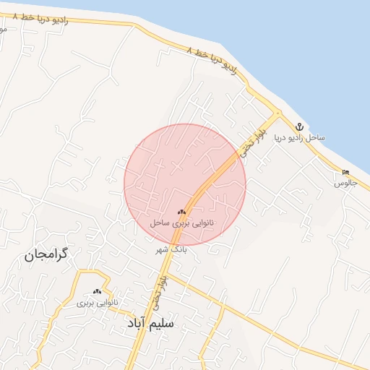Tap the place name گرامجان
click(29, 254)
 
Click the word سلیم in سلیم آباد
click(160, 323)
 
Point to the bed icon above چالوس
click(345, 172)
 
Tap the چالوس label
click(345, 184)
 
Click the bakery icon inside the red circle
click(181, 212)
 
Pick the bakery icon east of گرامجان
click(96, 291)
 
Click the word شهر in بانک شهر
click(163, 249)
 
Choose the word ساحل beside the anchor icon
click(317, 137)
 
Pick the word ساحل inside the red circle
click(160, 223)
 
